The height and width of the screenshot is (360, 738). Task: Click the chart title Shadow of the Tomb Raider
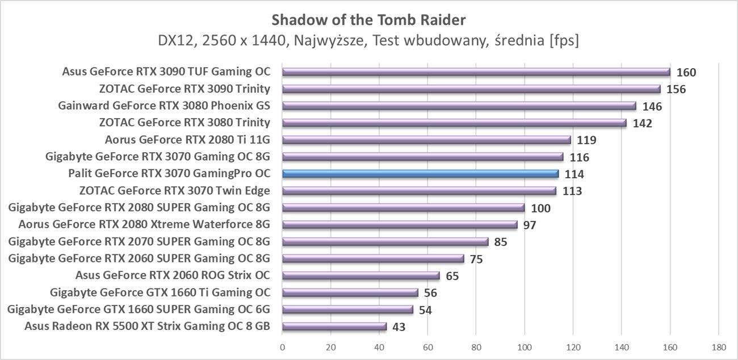368,20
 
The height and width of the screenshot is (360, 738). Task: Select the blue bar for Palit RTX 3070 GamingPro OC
420,174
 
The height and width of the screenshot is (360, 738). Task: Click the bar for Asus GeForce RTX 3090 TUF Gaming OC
476,72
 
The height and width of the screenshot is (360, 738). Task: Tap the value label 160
686,72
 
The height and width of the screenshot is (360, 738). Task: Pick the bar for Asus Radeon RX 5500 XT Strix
334,326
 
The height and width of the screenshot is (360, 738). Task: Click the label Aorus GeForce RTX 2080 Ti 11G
187,140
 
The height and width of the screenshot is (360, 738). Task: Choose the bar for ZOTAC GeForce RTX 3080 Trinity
454,123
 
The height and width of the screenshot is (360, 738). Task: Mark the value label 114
574,174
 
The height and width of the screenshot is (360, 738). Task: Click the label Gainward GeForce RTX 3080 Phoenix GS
164,106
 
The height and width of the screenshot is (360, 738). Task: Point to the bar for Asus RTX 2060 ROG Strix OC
360,275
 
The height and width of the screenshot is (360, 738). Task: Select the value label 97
529,225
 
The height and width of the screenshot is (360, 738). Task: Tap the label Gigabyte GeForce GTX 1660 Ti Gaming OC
160,292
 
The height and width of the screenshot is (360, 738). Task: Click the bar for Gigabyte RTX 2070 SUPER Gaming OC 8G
385,241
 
